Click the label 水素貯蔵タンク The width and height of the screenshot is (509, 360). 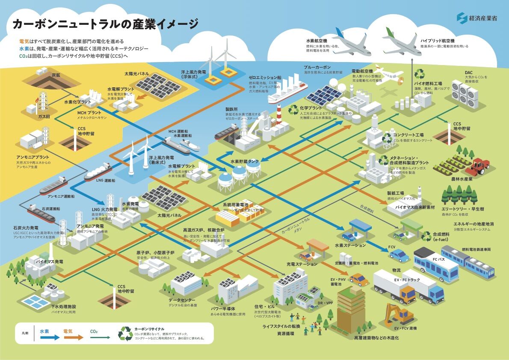click(x=245, y=162)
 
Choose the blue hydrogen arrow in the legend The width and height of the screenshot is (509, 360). click(x=49, y=337)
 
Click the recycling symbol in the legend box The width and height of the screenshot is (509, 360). click(x=126, y=333)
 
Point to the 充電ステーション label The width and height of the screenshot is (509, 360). click(x=302, y=264)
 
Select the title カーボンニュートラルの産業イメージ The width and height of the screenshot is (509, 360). click(x=105, y=24)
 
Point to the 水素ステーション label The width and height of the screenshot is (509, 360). click(x=350, y=245)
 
